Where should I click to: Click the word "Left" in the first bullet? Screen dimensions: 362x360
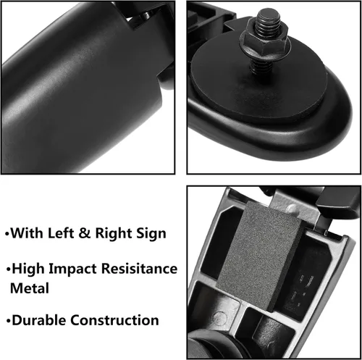coord(61,233)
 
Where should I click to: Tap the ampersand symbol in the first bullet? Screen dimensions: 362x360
coord(85,233)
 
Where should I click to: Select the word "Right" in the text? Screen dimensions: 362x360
coord(113,234)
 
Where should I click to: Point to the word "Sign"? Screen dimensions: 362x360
coord(151,234)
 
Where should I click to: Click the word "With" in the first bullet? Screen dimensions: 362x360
coord(27,233)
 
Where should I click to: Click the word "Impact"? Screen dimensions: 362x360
coord(72,269)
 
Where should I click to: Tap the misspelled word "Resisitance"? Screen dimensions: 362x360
coord(139,269)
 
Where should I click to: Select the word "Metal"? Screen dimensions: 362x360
coord(30,288)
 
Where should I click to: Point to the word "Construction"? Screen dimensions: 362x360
coord(114,320)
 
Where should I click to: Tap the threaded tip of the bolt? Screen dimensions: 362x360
coord(269,20)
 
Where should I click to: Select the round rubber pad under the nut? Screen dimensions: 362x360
coord(258,80)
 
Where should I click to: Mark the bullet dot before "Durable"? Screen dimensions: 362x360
coord(9,322)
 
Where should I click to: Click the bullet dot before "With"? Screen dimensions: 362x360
coord(7,234)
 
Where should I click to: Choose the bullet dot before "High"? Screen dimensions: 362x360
coord(9,269)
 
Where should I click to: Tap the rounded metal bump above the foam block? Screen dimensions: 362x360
coord(292,209)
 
